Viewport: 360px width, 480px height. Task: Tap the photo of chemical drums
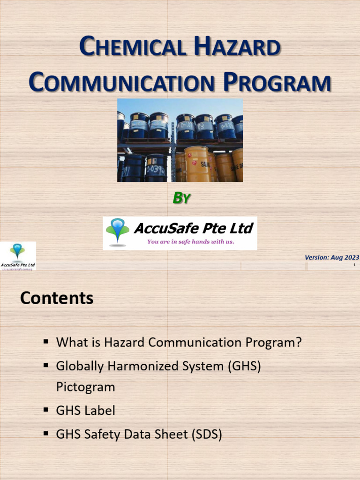(x=180, y=140)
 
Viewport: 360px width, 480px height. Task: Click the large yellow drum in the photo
(x=197, y=164)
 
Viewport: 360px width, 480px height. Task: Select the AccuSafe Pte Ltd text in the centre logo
(x=193, y=228)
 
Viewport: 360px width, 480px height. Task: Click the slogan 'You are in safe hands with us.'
(x=190, y=242)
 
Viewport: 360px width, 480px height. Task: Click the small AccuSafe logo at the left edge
(x=18, y=256)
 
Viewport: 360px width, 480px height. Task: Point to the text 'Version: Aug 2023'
(x=331, y=257)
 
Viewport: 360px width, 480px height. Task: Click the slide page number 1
(x=354, y=265)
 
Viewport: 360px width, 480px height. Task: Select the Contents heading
(x=57, y=298)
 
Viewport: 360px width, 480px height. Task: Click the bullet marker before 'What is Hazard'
(x=46, y=342)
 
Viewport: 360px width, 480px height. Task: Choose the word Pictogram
(x=85, y=387)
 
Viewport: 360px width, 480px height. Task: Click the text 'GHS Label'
(x=85, y=411)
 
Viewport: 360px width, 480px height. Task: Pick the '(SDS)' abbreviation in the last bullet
(x=206, y=435)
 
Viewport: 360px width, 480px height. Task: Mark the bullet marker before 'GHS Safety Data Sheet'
(x=46, y=434)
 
